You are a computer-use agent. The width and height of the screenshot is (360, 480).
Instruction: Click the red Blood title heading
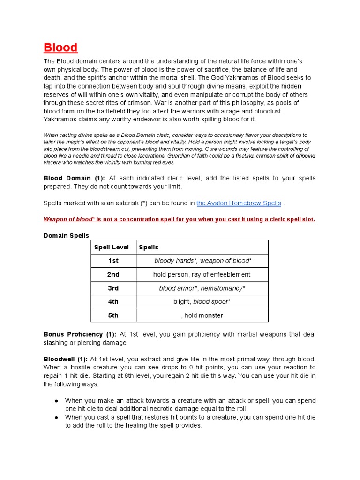point(60,47)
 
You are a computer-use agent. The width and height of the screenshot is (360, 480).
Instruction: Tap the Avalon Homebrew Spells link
point(239,203)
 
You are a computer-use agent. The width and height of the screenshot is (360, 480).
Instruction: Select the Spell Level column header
point(112,247)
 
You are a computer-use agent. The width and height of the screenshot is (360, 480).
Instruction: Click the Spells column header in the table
point(149,247)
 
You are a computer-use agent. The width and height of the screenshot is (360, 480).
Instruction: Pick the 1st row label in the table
point(113,261)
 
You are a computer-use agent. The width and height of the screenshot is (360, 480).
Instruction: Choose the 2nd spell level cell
point(113,274)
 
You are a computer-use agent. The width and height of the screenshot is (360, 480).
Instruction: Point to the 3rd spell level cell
point(113,288)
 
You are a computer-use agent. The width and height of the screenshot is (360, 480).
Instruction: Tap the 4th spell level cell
point(113,302)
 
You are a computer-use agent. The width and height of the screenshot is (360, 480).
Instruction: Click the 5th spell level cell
point(113,315)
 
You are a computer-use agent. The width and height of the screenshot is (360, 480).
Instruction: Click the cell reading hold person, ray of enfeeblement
point(202,274)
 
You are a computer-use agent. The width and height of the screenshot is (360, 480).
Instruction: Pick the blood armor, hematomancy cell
point(202,288)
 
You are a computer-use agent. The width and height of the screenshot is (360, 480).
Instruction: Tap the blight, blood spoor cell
point(202,302)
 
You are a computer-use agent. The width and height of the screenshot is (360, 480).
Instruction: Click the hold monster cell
point(202,315)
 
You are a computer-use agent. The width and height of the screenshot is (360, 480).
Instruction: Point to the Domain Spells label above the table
point(66,235)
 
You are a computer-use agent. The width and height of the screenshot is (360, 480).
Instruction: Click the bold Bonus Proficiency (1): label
point(80,334)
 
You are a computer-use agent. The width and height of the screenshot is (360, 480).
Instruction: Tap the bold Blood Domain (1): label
point(74,178)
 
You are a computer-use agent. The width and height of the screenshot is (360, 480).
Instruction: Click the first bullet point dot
point(56,401)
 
